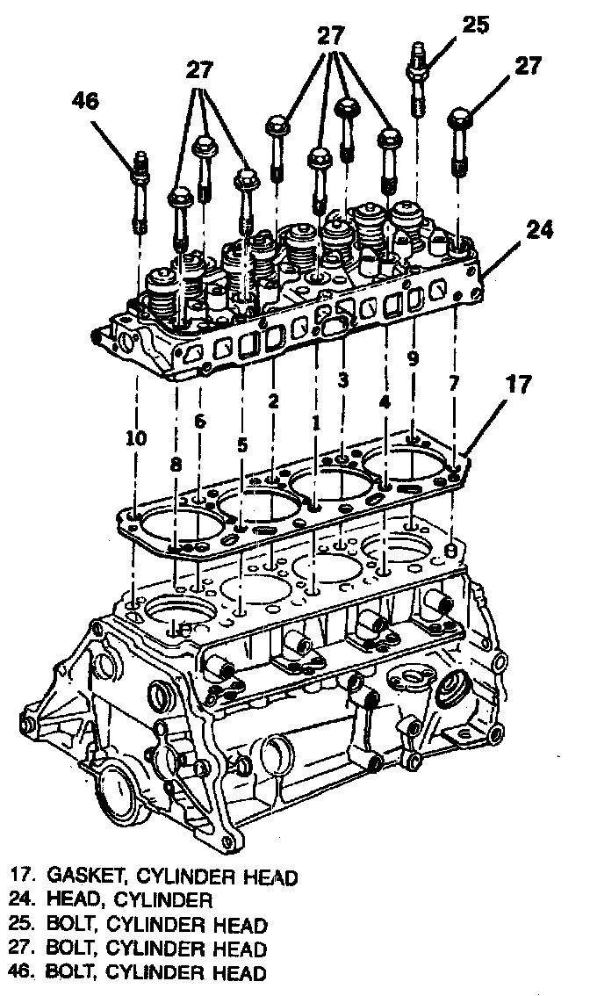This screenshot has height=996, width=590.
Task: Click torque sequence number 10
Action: pos(136,437)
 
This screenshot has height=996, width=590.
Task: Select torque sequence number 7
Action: pos(454,383)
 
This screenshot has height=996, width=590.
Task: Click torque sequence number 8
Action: pos(176,468)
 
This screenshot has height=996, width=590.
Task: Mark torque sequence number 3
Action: pos(343,380)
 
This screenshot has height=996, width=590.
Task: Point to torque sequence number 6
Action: pos(200,421)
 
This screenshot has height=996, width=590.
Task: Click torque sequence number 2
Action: pos(274,402)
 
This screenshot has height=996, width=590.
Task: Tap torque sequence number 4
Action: pos(385,404)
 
